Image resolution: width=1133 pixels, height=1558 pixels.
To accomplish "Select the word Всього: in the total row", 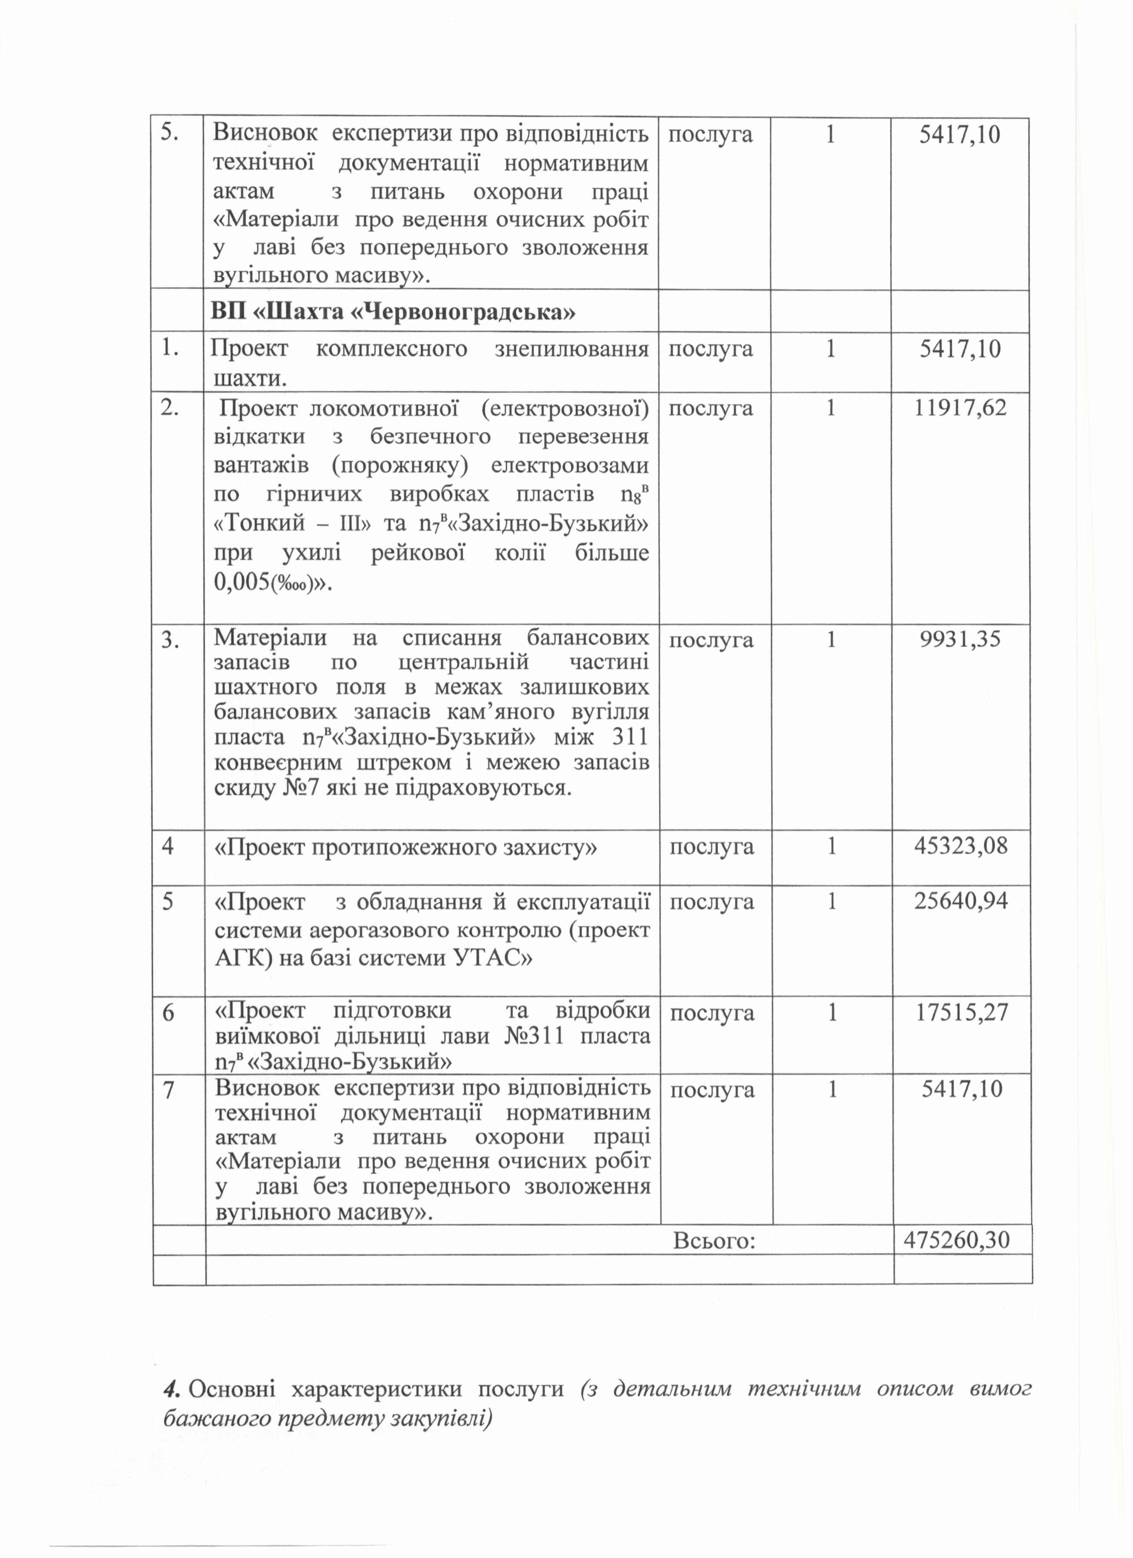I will [714, 1241].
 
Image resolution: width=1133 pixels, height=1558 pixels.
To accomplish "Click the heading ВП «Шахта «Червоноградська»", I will [393, 313].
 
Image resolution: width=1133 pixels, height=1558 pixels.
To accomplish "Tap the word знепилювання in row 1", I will [571, 350].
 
